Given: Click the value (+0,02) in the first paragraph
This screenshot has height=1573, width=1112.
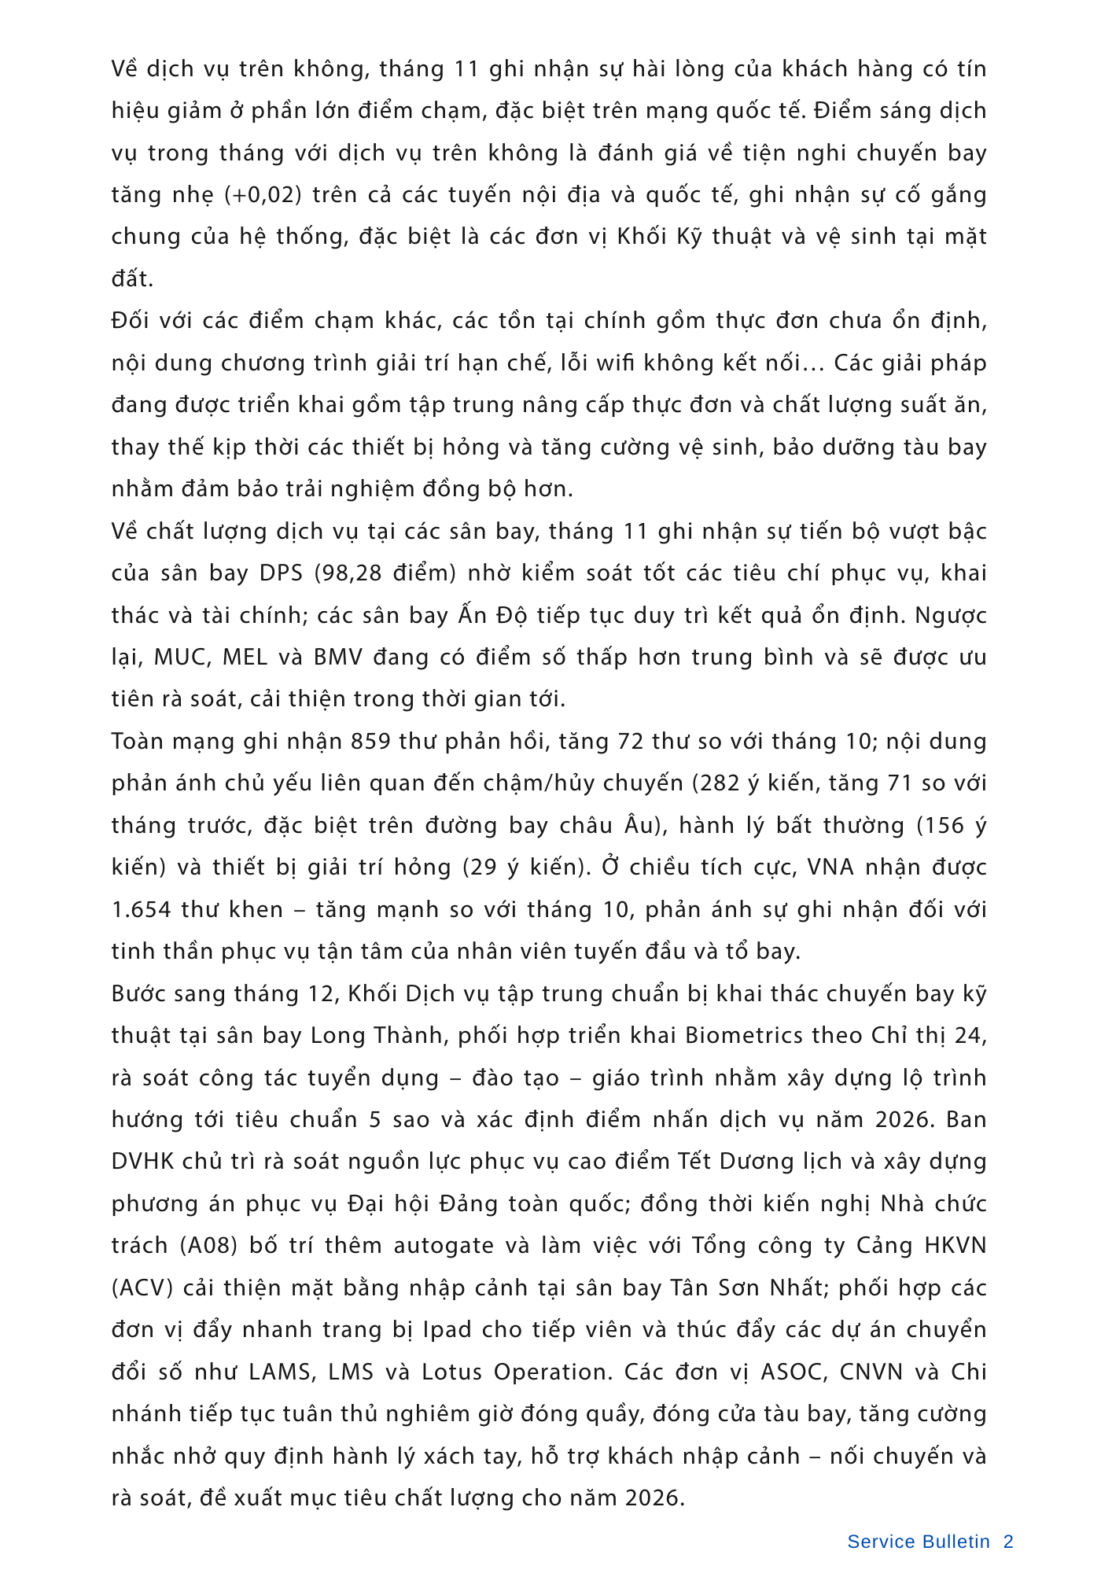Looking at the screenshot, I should (x=263, y=194).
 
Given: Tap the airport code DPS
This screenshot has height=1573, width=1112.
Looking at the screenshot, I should (x=281, y=573).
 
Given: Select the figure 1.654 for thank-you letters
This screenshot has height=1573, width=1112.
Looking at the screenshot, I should (x=141, y=909).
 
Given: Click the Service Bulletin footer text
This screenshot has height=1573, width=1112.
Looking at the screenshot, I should (x=918, y=1542).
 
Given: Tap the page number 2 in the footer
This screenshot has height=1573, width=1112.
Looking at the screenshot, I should (x=1008, y=1542).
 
